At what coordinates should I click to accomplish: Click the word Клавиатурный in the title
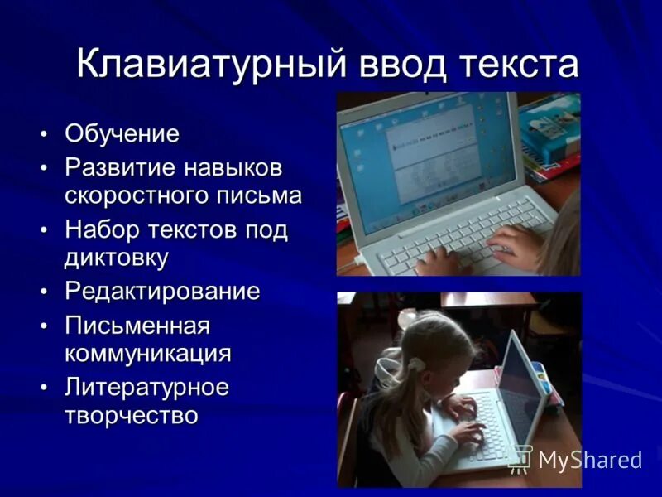tap(210, 65)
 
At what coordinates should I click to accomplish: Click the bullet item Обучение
tap(122, 133)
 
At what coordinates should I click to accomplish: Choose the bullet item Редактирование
tap(162, 292)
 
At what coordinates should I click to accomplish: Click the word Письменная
tap(137, 326)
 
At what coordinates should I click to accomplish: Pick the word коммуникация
tap(148, 353)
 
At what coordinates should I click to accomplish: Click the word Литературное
tap(146, 387)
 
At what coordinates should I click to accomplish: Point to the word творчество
tap(131, 415)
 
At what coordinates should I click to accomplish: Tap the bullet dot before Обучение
tap(44, 133)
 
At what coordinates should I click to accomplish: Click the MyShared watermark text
tap(589, 459)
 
